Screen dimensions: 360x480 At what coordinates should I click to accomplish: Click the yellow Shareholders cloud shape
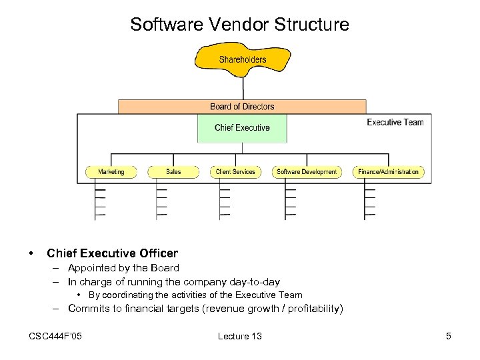(242, 59)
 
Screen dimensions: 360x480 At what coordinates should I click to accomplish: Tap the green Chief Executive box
(242, 128)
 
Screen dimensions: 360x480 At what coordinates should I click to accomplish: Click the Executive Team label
(395, 122)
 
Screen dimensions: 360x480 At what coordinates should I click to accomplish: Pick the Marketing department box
(111, 172)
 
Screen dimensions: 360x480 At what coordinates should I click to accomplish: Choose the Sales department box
(173, 172)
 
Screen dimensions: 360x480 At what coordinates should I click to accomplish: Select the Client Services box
(235, 172)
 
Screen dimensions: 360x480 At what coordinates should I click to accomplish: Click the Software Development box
(307, 172)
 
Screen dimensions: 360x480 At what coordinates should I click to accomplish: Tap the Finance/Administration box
(388, 172)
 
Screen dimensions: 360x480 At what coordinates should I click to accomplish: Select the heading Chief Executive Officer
(112, 253)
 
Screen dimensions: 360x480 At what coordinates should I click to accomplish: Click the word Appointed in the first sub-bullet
(92, 268)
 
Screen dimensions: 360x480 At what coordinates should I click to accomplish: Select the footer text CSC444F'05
(56, 336)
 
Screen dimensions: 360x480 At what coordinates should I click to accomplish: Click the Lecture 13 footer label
(239, 336)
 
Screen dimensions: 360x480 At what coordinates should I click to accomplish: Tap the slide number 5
(449, 336)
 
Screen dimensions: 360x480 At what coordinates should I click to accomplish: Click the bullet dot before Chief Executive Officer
(31, 253)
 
